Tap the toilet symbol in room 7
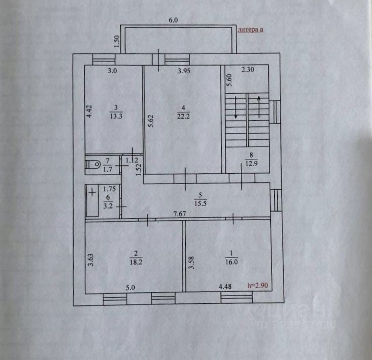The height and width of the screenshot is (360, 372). tap(92, 164)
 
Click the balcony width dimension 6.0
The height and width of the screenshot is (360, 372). tap(173, 20)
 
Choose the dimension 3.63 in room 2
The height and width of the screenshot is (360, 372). tap(90, 260)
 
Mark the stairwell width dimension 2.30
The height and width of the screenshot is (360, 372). tap(248, 71)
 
